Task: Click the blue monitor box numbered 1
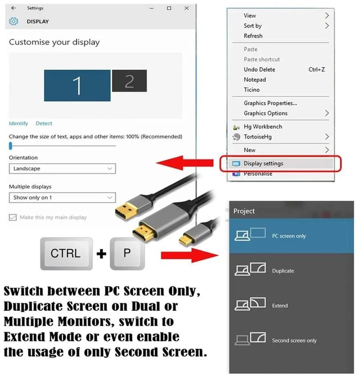77,86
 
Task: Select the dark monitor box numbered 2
129,81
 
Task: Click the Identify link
19,123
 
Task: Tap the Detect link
44,123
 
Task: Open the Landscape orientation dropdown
62,168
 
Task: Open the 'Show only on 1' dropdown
62,198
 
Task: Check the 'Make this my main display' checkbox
13,217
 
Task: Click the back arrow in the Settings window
13,8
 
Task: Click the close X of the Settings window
187,8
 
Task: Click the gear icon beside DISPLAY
13,21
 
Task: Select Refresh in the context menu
253,36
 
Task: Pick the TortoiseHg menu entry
258,137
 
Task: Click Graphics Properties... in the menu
271,103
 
